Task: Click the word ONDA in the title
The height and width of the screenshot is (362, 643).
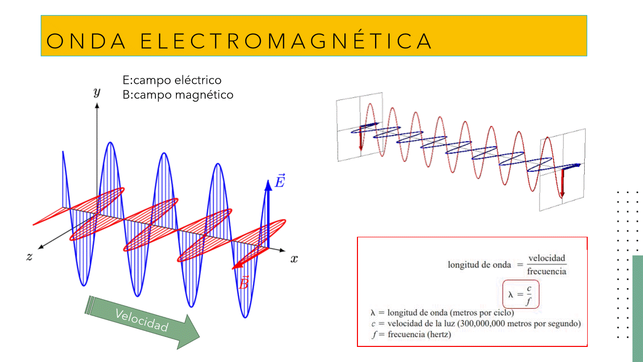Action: pyautogui.click(x=86, y=41)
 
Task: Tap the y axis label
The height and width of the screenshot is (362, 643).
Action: pyautogui.click(x=97, y=92)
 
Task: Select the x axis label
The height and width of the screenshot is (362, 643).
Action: pyautogui.click(x=294, y=259)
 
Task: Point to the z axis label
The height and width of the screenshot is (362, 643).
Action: pyautogui.click(x=30, y=256)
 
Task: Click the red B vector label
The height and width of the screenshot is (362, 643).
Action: pyautogui.click(x=244, y=283)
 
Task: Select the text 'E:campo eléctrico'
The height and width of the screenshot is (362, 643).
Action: pyautogui.click(x=172, y=80)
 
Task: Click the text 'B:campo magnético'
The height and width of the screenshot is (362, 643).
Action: pyautogui.click(x=178, y=95)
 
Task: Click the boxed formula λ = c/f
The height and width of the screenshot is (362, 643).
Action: pyautogui.click(x=521, y=294)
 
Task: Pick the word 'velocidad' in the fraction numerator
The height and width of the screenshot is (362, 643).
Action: pyautogui.click(x=547, y=258)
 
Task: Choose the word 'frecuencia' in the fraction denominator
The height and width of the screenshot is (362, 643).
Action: pyautogui.click(x=547, y=271)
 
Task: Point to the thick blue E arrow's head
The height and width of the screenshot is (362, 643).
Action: pyautogui.click(x=268, y=185)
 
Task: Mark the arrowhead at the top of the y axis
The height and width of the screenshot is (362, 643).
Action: pyautogui.click(x=97, y=106)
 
